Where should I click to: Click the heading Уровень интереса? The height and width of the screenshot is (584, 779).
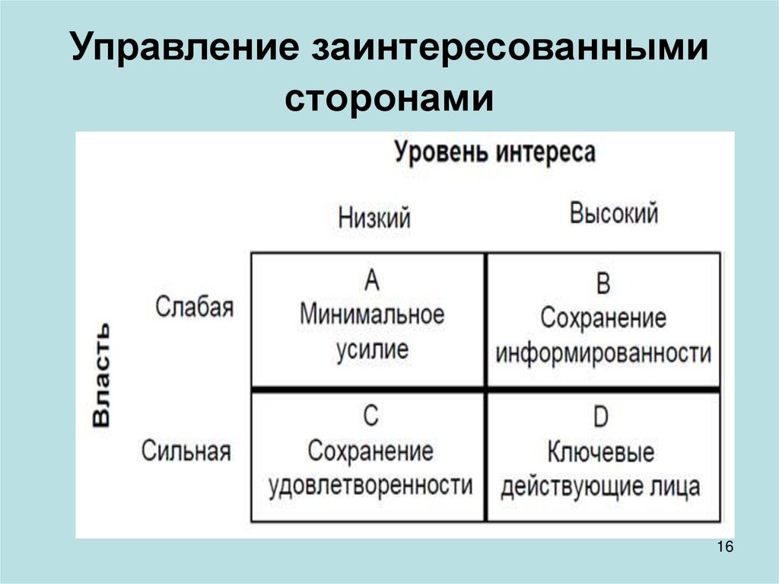point(494,152)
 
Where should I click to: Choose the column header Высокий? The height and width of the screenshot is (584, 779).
point(613,214)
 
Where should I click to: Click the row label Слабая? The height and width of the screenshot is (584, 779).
point(194,308)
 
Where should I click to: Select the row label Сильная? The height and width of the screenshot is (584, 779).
point(186,451)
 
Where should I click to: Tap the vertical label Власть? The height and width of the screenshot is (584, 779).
point(102,376)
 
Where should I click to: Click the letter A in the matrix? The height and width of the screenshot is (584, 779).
point(371,282)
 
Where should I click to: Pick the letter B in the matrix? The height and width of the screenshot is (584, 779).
point(603,285)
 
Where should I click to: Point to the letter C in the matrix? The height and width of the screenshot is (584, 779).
point(370,416)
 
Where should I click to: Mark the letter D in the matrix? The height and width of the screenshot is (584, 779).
point(600,418)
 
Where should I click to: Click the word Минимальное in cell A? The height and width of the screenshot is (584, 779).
point(371,315)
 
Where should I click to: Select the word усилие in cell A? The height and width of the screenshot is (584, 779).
point(371,349)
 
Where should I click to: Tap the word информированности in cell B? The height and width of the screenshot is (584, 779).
point(603,353)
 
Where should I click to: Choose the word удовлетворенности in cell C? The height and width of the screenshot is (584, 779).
point(370,485)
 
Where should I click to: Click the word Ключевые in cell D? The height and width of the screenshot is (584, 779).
point(600,452)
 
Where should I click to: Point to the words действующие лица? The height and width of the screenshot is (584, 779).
point(600,487)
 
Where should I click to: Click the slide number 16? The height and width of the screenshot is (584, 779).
point(724,548)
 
